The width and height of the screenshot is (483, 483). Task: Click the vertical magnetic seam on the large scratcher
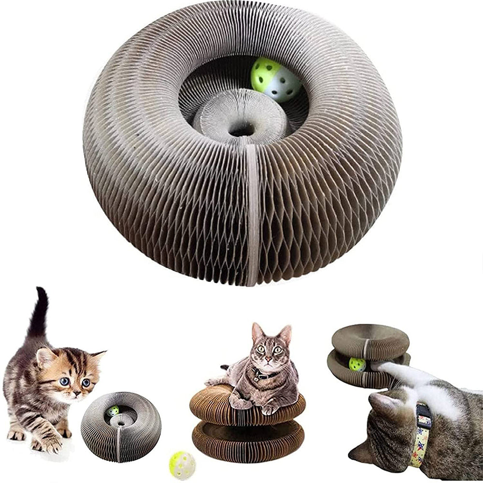pyautogui.click(x=252, y=213)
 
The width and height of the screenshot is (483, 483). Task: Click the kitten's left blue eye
pyautogui.click(x=64, y=381)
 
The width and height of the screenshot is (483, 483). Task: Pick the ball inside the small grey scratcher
pyautogui.click(x=113, y=412)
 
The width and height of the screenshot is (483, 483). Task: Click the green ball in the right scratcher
pyautogui.click(x=357, y=364)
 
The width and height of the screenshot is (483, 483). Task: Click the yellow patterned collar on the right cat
pyautogui.click(x=421, y=435)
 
